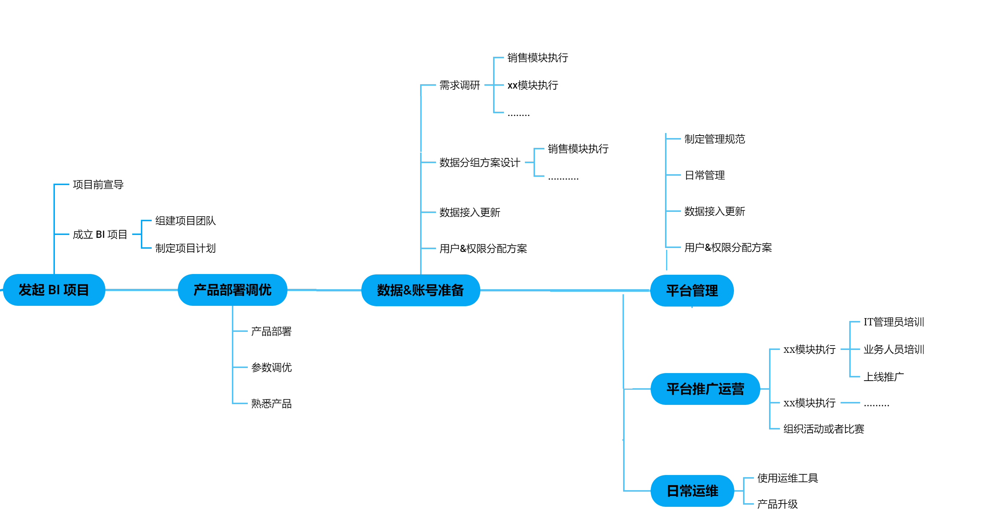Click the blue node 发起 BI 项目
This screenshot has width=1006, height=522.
54,290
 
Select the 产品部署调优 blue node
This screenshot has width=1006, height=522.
232,290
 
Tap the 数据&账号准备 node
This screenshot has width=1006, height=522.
420,290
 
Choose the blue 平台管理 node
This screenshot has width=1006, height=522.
692,291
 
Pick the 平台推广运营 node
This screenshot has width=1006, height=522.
705,389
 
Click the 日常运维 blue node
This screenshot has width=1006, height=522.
692,491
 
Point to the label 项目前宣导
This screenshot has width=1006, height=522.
98,184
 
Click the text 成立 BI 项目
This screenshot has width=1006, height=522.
100,235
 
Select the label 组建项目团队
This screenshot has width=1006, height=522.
186,221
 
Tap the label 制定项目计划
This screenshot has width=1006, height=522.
186,248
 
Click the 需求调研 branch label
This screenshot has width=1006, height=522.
459,85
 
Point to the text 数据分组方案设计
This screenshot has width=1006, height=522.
480,163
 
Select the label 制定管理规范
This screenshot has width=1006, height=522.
714,139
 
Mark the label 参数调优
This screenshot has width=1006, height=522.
271,367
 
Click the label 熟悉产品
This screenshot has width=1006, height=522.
271,404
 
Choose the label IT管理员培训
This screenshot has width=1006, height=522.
894,322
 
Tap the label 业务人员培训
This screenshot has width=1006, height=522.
894,349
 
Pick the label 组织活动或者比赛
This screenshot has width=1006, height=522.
824,429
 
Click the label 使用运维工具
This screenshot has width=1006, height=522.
787,478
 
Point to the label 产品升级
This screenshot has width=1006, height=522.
777,504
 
